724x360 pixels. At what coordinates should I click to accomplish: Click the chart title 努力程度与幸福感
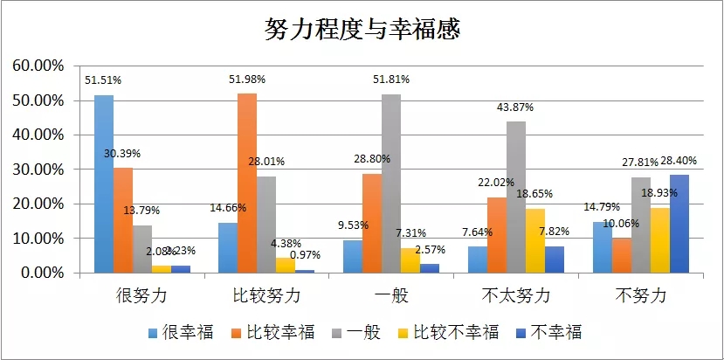[x=362, y=29]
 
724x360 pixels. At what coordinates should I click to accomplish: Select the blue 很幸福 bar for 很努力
[x=104, y=183]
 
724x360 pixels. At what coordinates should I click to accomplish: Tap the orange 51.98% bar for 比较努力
[x=247, y=183]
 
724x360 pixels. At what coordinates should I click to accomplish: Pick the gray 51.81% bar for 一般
[x=390, y=183]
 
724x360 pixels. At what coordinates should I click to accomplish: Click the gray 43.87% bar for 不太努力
[x=515, y=197]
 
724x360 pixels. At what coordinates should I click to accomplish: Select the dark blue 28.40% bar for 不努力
[x=679, y=224]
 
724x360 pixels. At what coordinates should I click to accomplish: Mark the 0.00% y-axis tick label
[x=40, y=273]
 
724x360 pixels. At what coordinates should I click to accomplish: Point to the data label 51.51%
[x=103, y=80]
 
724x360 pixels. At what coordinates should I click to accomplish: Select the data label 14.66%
[x=228, y=208]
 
